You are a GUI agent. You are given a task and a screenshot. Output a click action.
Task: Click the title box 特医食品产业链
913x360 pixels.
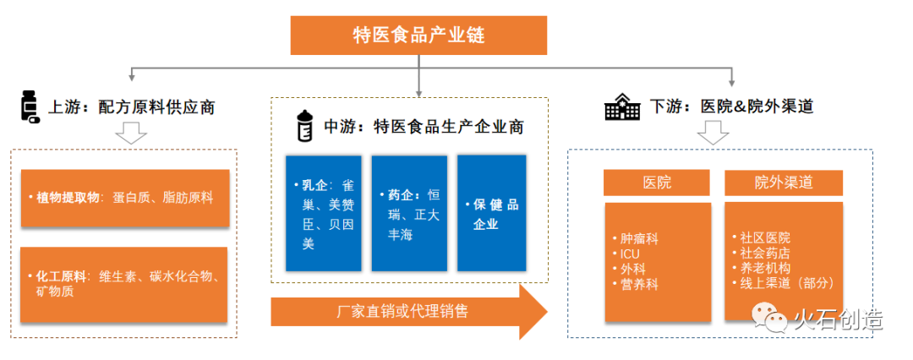pyautogui.click(x=418, y=35)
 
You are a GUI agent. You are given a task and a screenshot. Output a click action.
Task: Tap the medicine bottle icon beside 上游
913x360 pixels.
pyautogui.click(x=30, y=107)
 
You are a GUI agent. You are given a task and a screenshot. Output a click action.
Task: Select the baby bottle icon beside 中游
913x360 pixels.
pyautogui.click(x=303, y=126)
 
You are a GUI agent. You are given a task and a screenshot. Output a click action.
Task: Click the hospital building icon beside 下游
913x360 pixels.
pyautogui.click(x=622, y=108)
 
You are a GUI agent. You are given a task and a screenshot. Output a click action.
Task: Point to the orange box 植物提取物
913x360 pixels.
pyautogui.click(x=124, y=198)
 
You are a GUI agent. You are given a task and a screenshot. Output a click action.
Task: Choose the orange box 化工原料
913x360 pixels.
pyautogui.click(x=124, y=284)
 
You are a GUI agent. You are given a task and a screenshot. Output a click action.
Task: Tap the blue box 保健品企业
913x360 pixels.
pyautogui.click(x=491, y=213)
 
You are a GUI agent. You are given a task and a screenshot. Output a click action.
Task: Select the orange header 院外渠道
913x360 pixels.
pyautogui.click(x=784, y=182)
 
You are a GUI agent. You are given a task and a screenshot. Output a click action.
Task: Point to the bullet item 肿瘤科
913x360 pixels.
pyautogui.click(x=639, y=238)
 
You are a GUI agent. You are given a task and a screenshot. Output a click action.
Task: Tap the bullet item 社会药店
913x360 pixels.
pyautogui.click(x=766, y=254)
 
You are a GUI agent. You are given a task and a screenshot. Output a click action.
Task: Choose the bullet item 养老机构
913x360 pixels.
pyautogui.click(x=766, y=269)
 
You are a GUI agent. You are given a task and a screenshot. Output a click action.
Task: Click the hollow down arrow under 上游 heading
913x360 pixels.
pyautogui.click(x=131, y=134)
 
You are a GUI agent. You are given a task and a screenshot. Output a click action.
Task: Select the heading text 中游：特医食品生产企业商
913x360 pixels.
pyautogui.click(x=423, y=127)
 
